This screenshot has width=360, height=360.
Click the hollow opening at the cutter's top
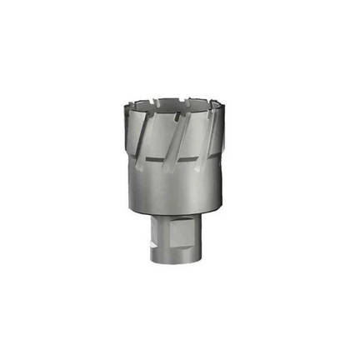(x=177, y=104)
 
